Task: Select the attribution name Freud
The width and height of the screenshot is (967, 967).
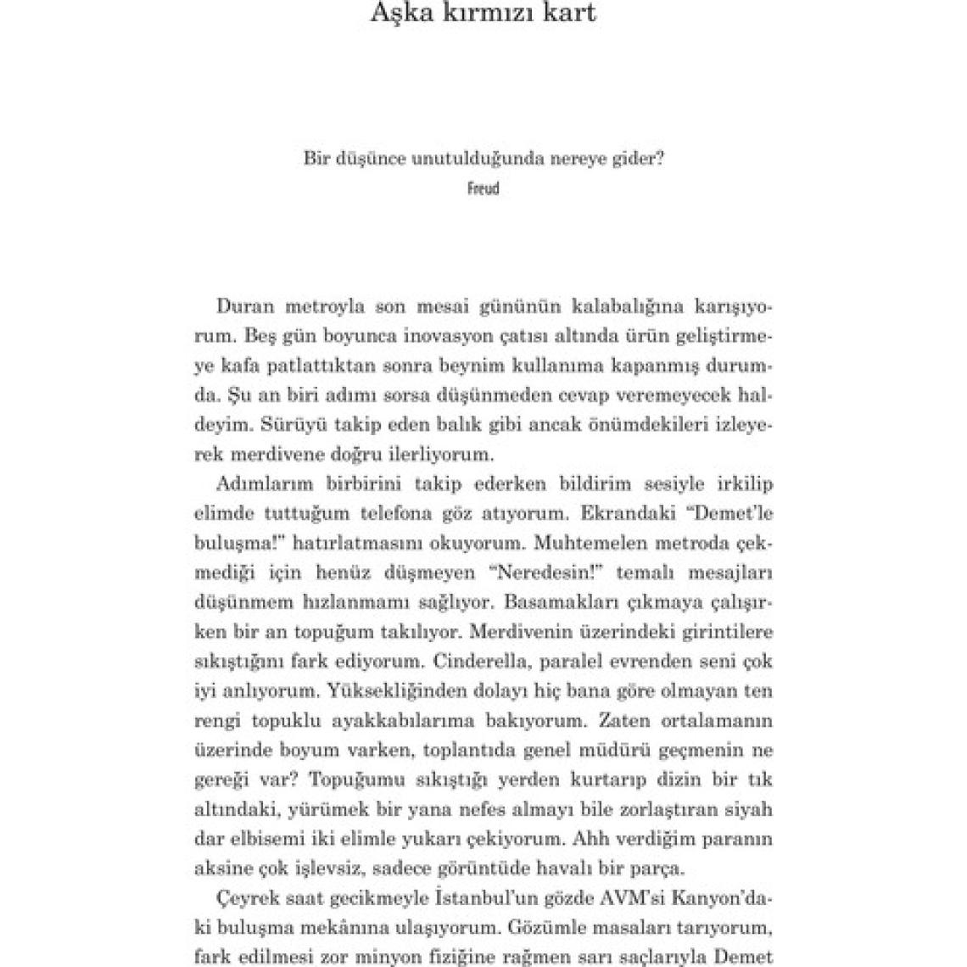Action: point(483,188)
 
